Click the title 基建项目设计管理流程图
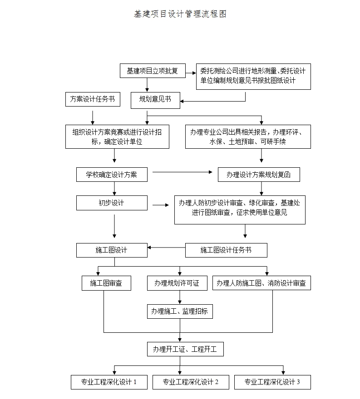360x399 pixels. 180,14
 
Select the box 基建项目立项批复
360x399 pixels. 152,71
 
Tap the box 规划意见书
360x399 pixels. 155,100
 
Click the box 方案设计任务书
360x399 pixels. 93,99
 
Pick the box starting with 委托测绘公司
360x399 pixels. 253,76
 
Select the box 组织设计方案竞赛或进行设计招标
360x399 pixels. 117,136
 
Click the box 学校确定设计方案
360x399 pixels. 112,175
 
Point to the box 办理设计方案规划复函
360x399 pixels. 259,175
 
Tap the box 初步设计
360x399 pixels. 112,203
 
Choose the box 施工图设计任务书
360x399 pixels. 226,250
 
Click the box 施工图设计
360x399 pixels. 112,250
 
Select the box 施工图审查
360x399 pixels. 106,283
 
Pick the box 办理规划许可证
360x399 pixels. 177,283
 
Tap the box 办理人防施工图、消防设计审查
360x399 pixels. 261,283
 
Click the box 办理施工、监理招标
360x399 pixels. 180,311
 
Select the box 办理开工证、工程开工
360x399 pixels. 185,349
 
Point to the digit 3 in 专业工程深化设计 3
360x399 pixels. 298,382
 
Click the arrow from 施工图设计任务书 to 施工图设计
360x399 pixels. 166,248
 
